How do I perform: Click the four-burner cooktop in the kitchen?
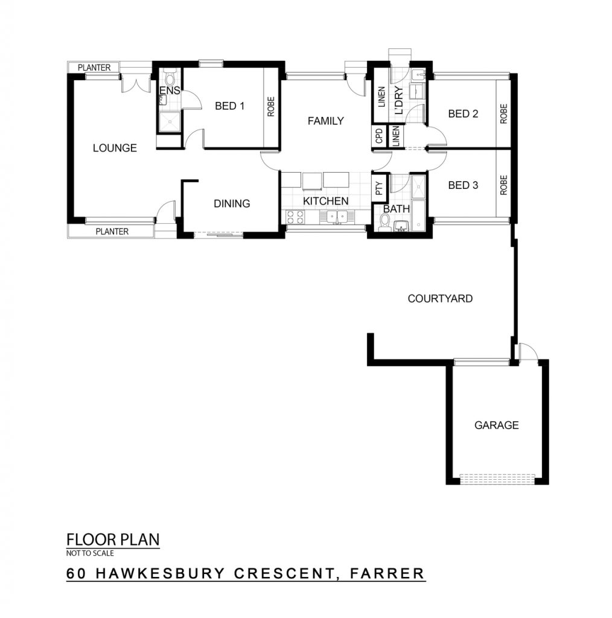click(295, 217)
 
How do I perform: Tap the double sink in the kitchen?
click(337, 217)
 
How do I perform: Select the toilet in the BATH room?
click(384, 223)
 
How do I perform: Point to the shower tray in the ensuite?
click(168, 122)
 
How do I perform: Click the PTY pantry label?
click(380, 188)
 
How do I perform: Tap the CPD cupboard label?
click(380, 136)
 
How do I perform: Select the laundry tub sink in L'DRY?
click(417, 74)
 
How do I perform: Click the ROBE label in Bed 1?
click(271, 107)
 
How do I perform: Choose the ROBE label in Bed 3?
click(503, 185)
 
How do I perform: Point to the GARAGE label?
click(496, 425)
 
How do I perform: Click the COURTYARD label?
click(440, 299)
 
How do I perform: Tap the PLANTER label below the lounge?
click(112, 231)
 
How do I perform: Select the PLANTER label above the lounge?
click(94, 68)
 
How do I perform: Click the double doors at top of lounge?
click(136, 83)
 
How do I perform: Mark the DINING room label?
click(232, 203)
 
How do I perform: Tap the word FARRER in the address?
click(387, 573)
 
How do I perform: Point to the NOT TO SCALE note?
click(90, 553)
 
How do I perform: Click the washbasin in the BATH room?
click(401, 226)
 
